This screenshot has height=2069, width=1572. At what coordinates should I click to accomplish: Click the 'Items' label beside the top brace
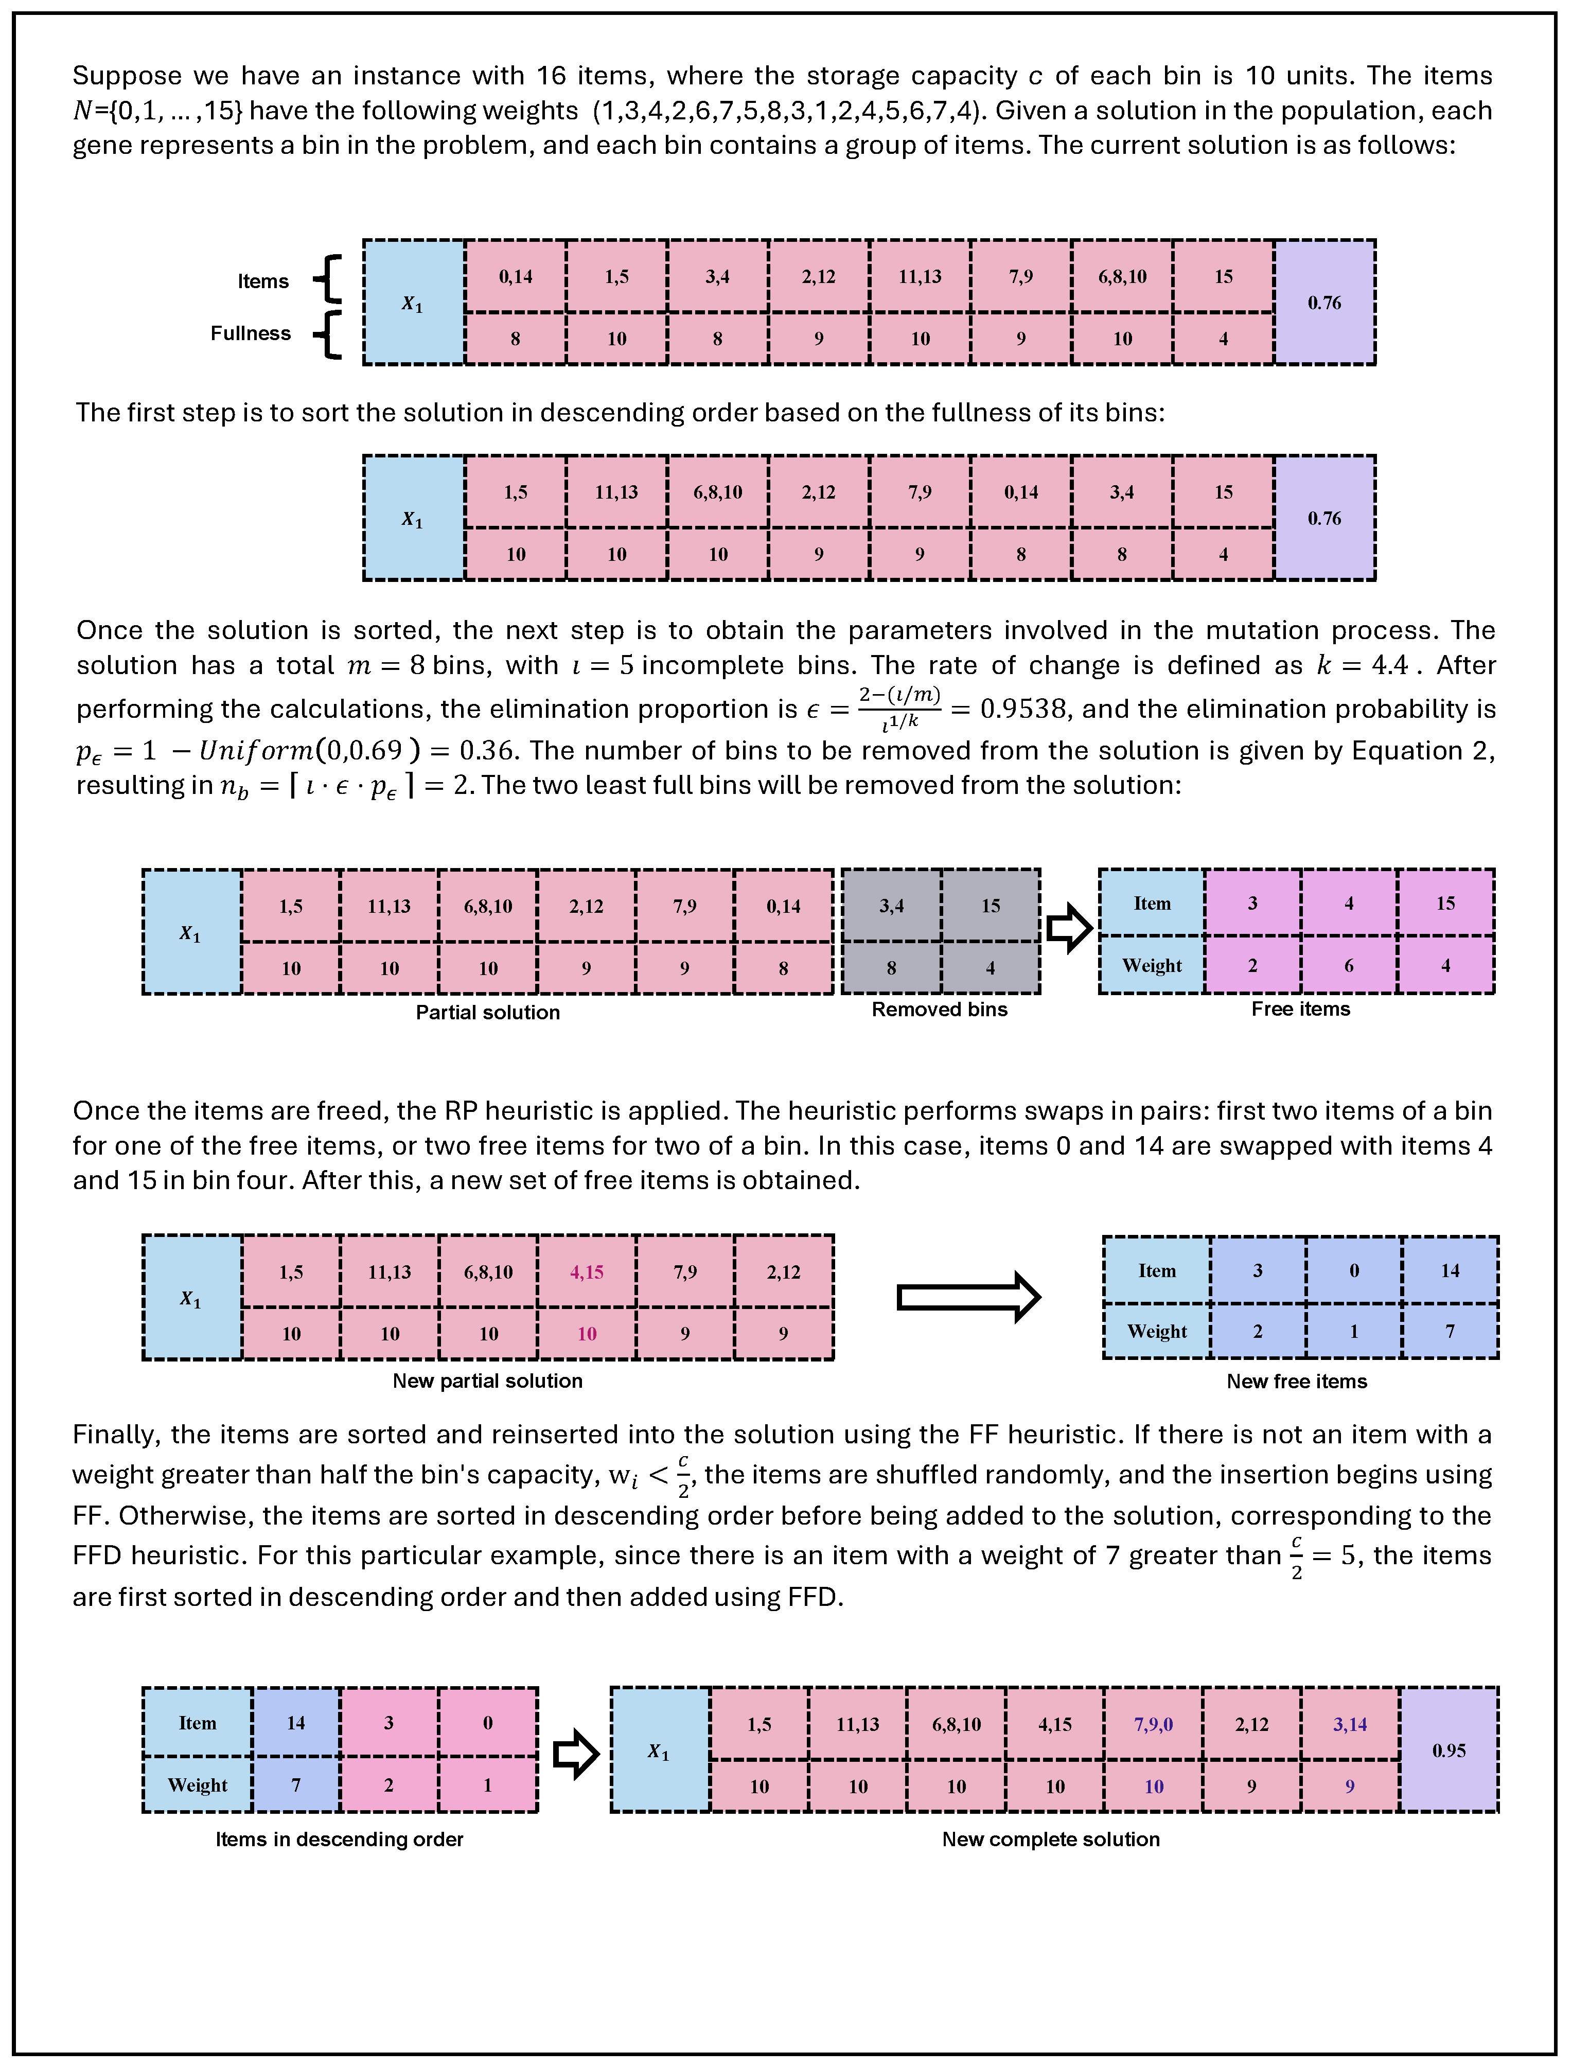pos(263,281)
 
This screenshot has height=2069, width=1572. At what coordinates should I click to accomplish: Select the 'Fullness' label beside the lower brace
pos(250,333)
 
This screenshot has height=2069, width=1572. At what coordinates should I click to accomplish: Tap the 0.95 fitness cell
pos(1449,1750)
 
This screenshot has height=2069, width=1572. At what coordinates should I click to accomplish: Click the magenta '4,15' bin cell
pos(587,1272)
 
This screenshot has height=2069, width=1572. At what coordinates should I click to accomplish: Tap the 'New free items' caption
pos(1296,1381)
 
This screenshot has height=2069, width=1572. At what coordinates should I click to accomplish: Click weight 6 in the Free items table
pos(1348,966)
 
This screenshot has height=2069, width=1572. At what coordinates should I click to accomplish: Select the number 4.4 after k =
pos(1389,665)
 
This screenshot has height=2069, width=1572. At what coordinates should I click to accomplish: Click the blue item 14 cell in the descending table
pos(296,1723)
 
